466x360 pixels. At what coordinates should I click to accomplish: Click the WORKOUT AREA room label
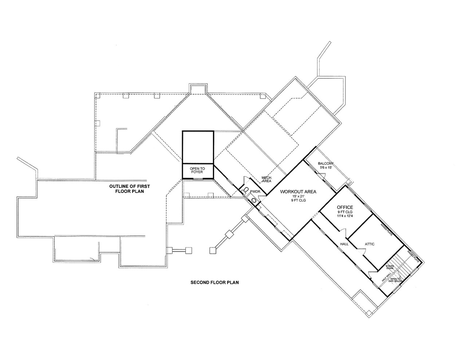pyautogui.click(x=297, y=191)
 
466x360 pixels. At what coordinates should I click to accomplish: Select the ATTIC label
pyautogui.click(x=370, y=244)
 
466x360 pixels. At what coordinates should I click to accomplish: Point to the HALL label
pyautogui.click(x=344, y=244)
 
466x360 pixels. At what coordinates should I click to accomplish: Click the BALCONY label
pyautogui.click(x=325, y=164)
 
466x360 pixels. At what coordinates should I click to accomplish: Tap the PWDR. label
pyautogui.click(x=254, y=191)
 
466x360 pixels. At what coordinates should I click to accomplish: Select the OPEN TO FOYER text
pyautogui.click(x=197, y=170)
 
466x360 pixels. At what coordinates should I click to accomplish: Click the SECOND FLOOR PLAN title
pyautogui.click(x=214, y=282)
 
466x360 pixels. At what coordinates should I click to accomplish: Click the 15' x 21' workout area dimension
pyautogui.click(x=297, y=196)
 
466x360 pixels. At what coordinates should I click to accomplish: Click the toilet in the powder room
pyautogui.click(x=246, y=190)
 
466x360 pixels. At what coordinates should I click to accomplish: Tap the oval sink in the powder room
pyautogui.click(x=254, y=200)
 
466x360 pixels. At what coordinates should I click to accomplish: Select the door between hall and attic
pyautogui.click(x=360, y=250)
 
